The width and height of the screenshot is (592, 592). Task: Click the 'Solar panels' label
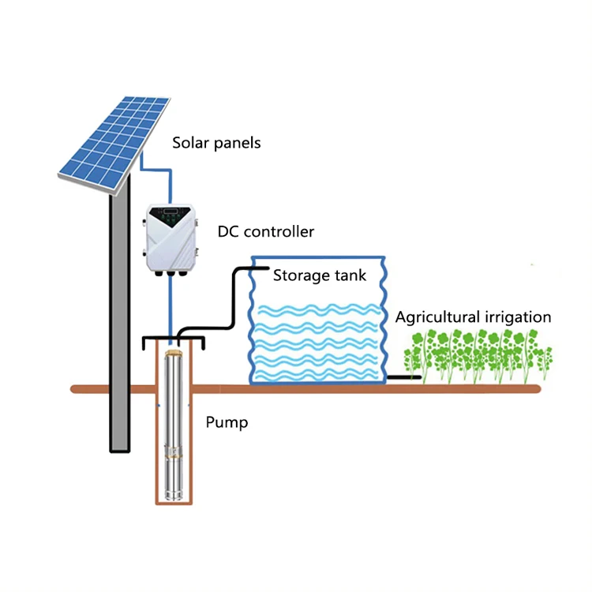point(216,144)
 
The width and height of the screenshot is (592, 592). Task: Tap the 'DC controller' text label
point(265,232)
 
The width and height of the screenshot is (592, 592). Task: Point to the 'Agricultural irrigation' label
point(473,317)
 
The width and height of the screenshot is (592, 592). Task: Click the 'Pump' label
point(227,422)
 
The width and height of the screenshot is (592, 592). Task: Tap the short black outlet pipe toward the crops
point(403,377)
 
